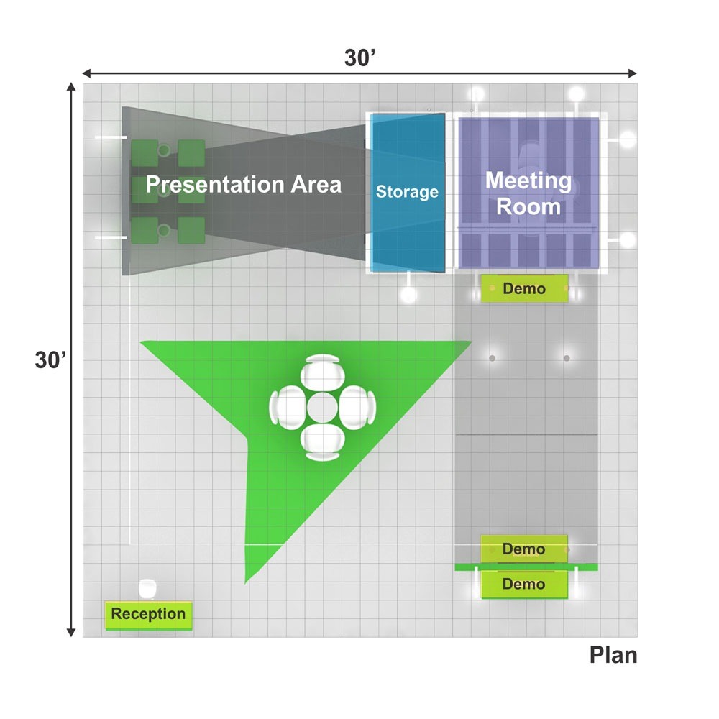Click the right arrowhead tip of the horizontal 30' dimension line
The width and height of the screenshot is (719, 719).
coord(637,73)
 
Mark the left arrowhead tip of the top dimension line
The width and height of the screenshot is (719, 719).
coord(83,73)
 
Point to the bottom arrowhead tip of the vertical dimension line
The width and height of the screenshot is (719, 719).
coord(71,637)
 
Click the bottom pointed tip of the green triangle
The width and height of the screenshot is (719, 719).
coord(246,583)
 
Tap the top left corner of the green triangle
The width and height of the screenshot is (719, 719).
coord(140,341)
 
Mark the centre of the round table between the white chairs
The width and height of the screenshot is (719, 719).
coord(322,407)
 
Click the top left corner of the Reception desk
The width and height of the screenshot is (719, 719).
coord(106,602)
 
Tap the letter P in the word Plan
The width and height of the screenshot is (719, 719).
coord(596,655)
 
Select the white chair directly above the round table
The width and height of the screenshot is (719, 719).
coord(322,372)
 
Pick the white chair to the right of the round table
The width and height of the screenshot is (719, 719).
coord(357,407)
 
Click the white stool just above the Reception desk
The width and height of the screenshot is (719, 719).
coord(147,589)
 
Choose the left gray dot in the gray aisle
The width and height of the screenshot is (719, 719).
coord(492,358)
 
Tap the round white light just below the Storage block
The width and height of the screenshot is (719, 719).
coord(408,295)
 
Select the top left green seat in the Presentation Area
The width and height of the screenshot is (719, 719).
coord(145,154)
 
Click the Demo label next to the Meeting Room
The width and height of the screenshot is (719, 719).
coord(524,288)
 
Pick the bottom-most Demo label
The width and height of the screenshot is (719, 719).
coord(523,584)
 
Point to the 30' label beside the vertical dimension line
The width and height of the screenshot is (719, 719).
coord(50,360)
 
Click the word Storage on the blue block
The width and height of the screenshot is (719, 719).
coord(407,192)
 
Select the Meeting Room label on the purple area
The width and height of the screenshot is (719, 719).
coord(528,193)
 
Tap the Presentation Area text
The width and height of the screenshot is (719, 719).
coord(244,184)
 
